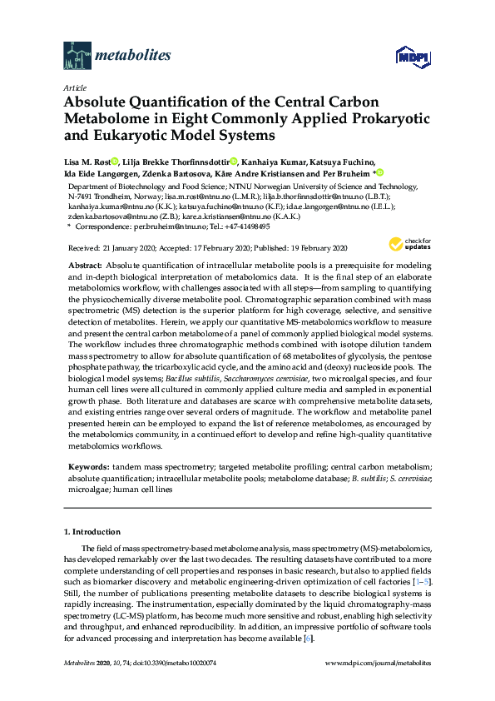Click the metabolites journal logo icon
(77, 56)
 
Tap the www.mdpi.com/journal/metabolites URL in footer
(377, 664)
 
